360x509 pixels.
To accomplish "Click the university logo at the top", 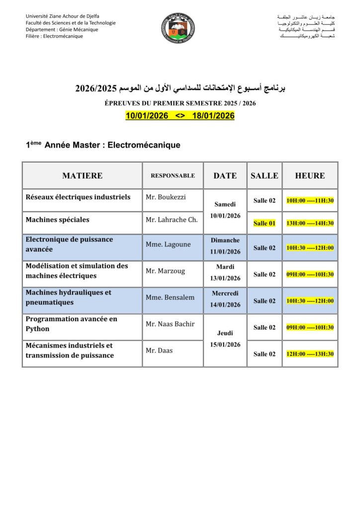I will (x=178, y=28).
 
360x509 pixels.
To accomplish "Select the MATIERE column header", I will (x=82, y=175).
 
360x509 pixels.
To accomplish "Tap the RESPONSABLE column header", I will (x=173, y=175).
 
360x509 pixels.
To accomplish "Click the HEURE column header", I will (x=310, y=175).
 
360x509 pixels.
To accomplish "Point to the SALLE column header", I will (x=265, y=175).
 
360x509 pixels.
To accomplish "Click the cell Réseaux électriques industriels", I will (x=78, y=197).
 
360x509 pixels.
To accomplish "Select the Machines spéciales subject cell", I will (x=58, y=219).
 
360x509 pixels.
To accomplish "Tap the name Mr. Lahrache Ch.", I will (x=172, y=219).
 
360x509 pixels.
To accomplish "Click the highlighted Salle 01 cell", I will (x=265, y=223).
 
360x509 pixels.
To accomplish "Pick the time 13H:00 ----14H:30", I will (x=310, y=223).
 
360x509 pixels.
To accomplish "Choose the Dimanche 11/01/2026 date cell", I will (x=225, y=246).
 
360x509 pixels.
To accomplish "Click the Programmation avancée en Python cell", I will (x=72, y=324).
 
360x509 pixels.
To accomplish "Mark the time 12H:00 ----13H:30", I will (x=310, y=354).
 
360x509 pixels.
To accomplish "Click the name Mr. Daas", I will (x=159, y=350).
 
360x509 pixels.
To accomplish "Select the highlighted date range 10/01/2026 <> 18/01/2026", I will (x=180, y=116).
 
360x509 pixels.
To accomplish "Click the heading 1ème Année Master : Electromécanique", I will (x=103, y=145).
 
